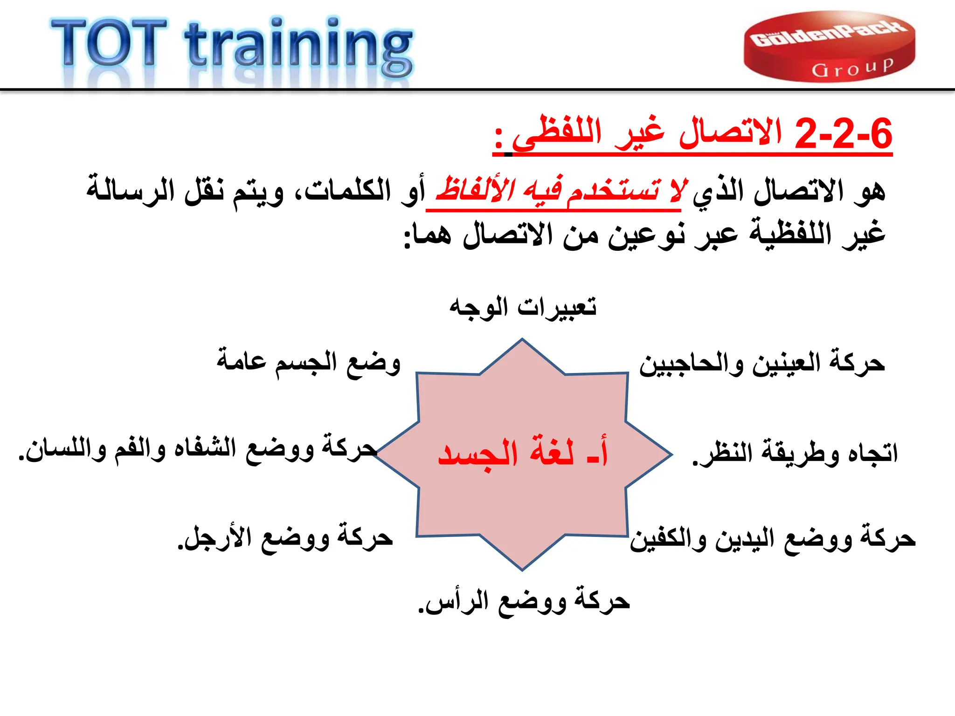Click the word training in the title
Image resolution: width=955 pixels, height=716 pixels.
tap(298, 47)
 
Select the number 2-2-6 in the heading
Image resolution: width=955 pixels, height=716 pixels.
tap(843, 134)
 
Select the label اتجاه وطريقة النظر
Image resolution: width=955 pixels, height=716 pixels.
tap(795, 453)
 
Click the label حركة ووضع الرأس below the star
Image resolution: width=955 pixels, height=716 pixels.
tap(524, 602)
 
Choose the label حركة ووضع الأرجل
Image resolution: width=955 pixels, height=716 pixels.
tap(285, 539)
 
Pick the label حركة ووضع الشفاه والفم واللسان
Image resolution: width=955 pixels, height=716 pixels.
tap(198, 448)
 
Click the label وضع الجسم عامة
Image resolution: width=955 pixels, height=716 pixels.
tap(308, 363)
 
